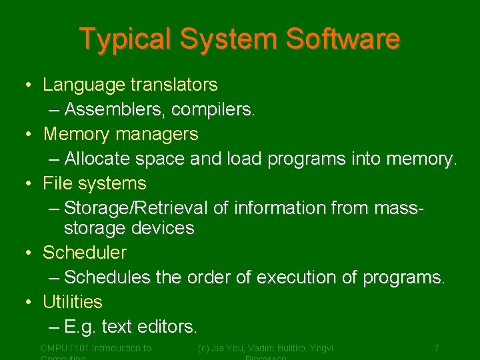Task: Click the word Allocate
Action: point(97,159)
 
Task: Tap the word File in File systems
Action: point(56,183)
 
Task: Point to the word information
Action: point(279,208)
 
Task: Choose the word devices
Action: point(161,228)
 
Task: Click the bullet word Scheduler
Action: point(84,253)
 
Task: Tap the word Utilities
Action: point(73,302)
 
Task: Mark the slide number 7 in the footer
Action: point(437,348)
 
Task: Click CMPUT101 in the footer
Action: point(64,348)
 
